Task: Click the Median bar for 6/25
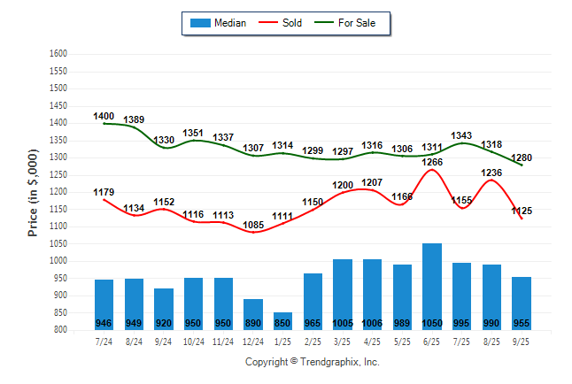pyautogui.click(x=431, y=283)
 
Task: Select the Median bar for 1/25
pyautogui.click(x=282, y=319)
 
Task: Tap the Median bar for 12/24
pyautogui.click(x=252, y=311)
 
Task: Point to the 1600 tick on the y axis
pyautogui.click(x=58, y=54)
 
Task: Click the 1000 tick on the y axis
pyautogui.click(x=58, y=261)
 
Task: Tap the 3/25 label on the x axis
pyautogui.click(x=342, y=340)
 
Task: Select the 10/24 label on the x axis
pyautogui.click(x=193, y=340)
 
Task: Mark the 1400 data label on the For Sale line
pyautogui.click(x=104, y=116)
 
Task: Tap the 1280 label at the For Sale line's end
pyautogui.click(x=522, y=158)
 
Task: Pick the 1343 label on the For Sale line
pyautogui.click(x=461, y=135)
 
